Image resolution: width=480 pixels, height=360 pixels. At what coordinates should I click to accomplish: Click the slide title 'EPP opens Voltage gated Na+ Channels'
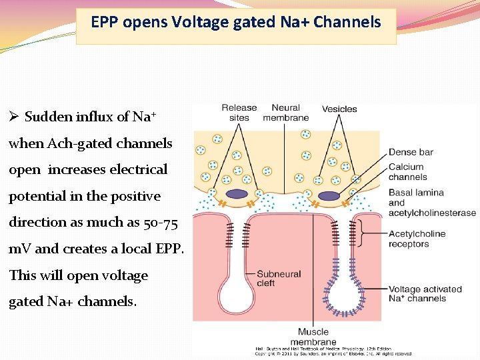pyautogui.click(x=236, y=23)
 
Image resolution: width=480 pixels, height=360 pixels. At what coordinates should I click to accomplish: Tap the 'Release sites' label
pyautogui.click(x=239, y=113)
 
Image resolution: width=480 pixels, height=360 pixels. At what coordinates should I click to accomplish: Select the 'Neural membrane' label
pyautogui.click(x=285, y=113)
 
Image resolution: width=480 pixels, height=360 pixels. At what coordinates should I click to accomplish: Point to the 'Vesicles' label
pyautogui.click(x=339, y=109)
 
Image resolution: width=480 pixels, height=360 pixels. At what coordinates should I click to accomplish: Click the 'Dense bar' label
pyautogui.click(x=411, y=152)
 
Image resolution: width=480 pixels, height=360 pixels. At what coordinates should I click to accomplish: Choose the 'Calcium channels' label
pyautogui.click(x=407, y=172)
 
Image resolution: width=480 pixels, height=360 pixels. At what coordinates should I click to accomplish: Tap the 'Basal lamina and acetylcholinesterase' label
pyautogui.click(x=432, y=203)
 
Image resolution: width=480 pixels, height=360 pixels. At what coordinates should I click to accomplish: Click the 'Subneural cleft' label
pyautogui.click(x=279, y=279)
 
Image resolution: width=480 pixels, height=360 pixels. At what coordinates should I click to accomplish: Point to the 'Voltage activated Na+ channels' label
pyautogui.click(x=425, y=294)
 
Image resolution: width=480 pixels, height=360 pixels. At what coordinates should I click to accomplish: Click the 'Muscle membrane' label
pyautogui.click(x=313, y=337)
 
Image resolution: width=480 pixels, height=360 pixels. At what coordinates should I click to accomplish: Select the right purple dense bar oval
pyautogui.click(x=329, y=196)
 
